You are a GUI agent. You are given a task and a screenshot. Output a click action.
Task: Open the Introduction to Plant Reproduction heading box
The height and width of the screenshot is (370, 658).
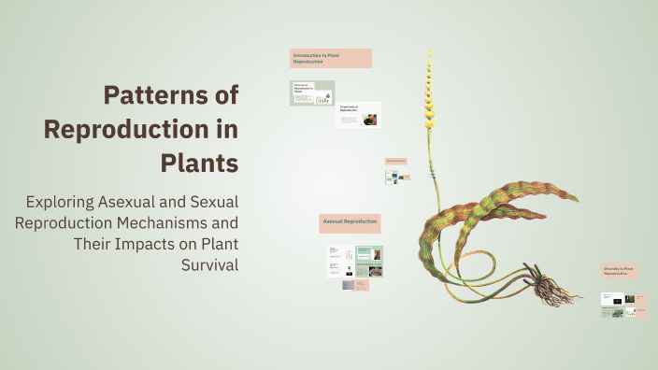(330, 58)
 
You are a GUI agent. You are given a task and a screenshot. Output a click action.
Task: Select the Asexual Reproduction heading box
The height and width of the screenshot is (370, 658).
(350, 223)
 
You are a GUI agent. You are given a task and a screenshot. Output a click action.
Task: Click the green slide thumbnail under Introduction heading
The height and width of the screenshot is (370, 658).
(312, 93)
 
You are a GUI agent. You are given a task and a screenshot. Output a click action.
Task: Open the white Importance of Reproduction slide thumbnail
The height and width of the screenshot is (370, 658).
(358, 115)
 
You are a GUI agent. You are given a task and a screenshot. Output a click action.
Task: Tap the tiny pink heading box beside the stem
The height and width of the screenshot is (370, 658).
(395, 162)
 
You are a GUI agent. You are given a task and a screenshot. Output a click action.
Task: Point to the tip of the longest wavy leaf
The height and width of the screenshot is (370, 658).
(577, 200)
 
